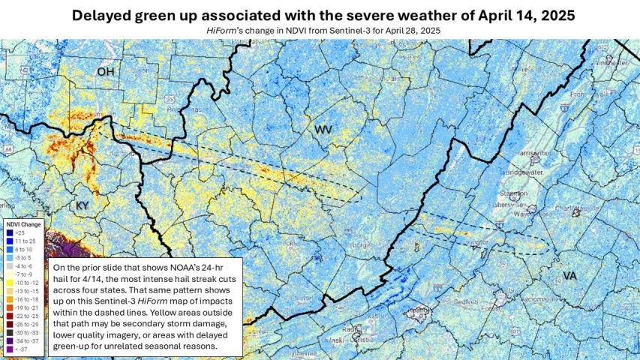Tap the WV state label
pyautogui.click(x=323, y=130)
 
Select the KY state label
pyautogui.click(x=82, y=205)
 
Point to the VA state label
pyautogui.click(x=569, y=276)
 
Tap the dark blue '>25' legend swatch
pyautogui.click(x=8, y=233)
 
